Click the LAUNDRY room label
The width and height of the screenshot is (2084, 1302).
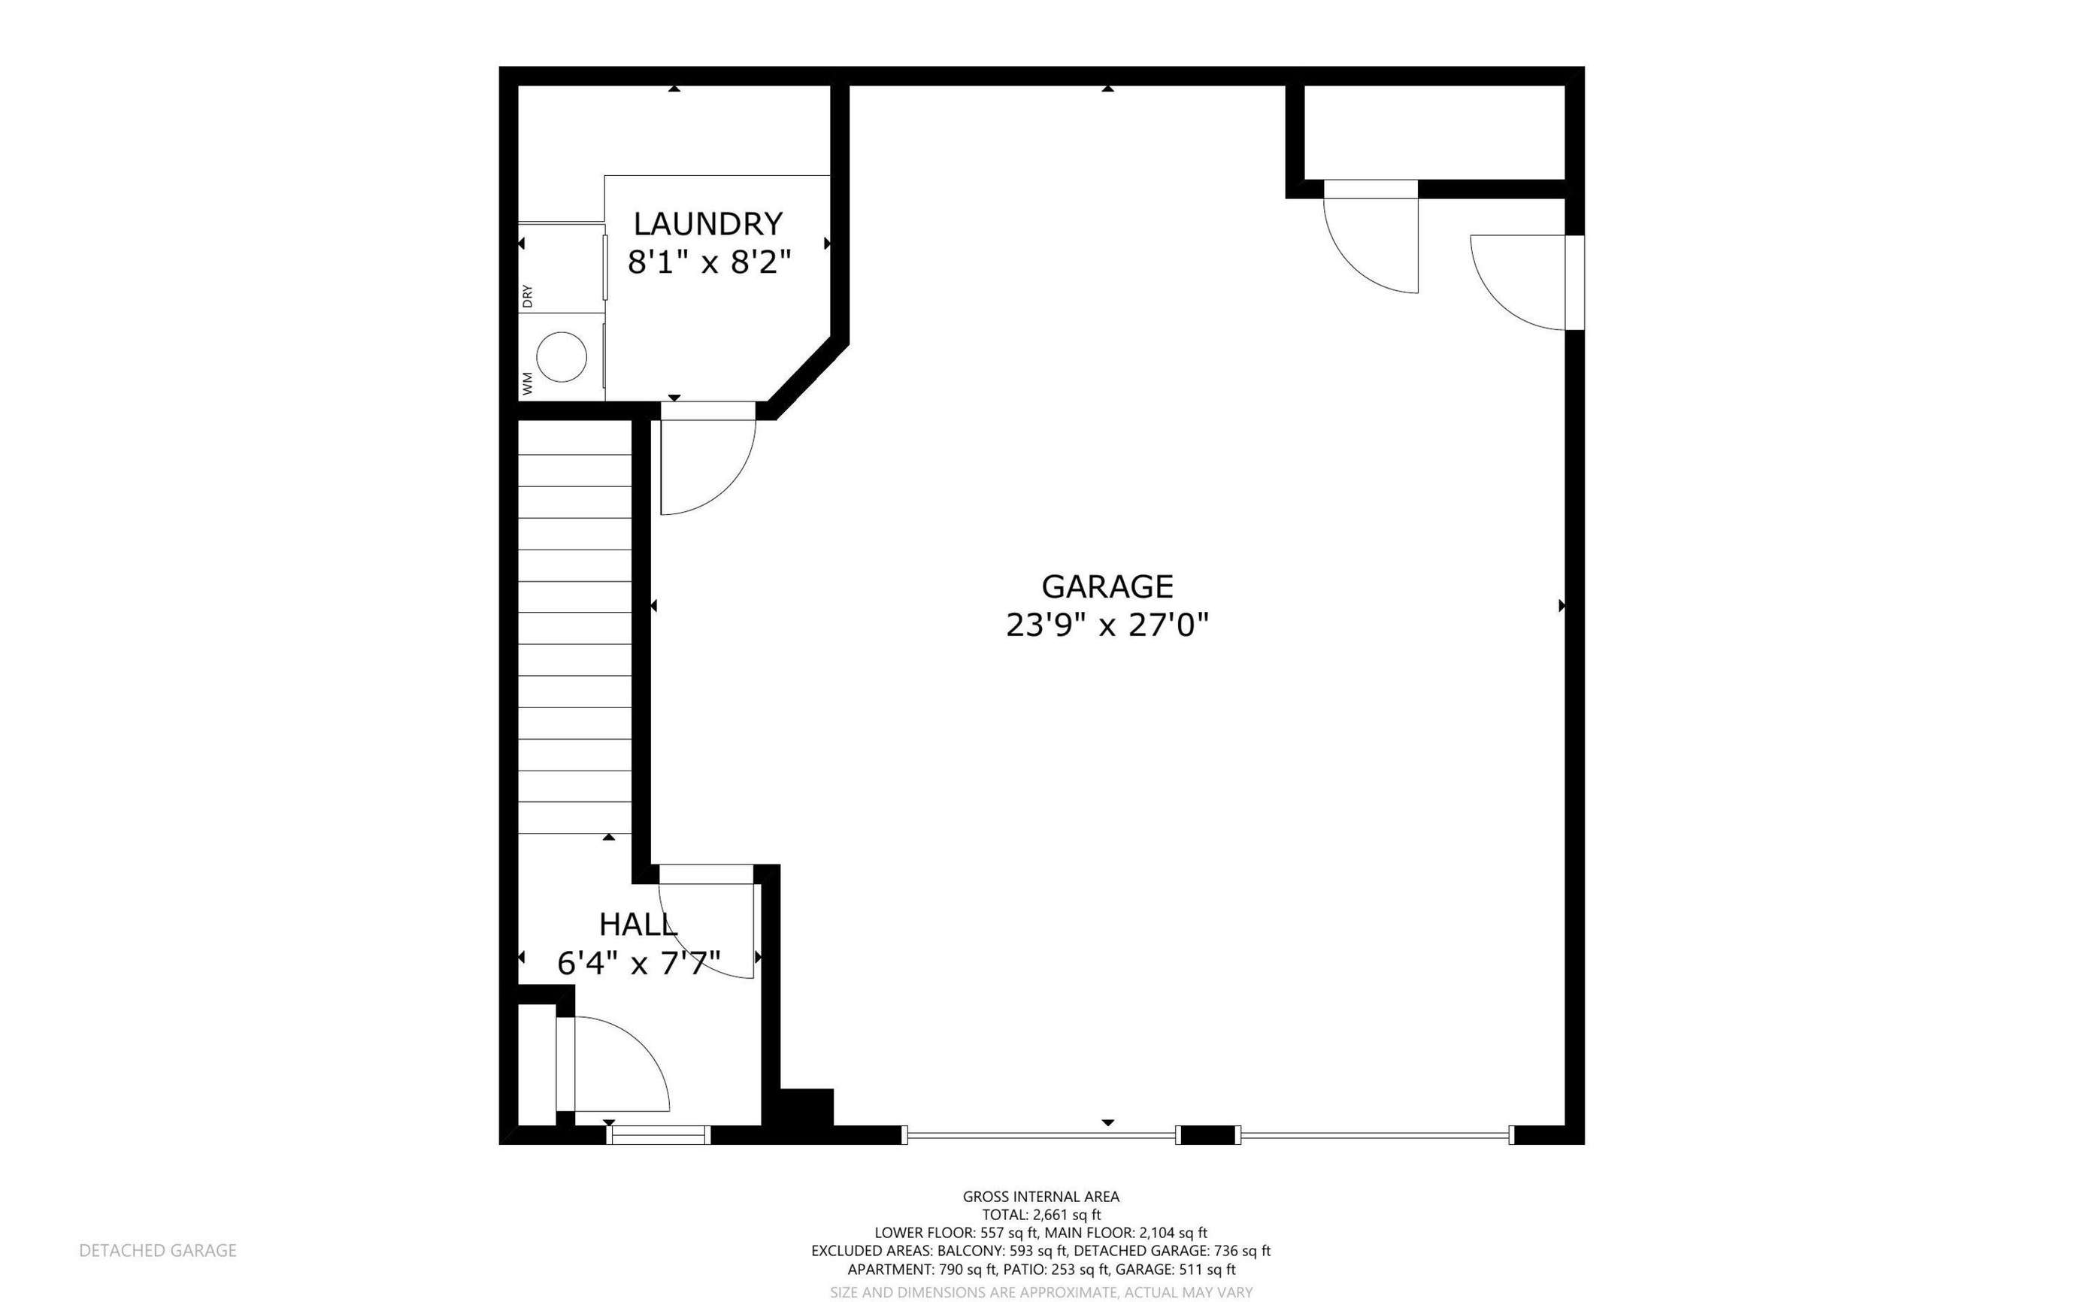(708, 224)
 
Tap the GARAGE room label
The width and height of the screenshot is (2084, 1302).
(1107, 586)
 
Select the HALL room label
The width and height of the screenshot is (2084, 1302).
(638, 925)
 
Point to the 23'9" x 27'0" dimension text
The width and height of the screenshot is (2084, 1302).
(1107, 625)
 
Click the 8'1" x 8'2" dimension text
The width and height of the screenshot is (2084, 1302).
(709, 262)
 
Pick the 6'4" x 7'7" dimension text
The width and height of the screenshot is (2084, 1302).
(638, 963)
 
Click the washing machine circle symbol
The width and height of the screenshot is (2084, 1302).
(562, 356)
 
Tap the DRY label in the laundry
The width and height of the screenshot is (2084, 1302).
(527, 296)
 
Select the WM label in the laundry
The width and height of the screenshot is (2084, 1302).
(527, 383)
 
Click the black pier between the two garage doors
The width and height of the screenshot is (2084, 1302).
(1208, 1136)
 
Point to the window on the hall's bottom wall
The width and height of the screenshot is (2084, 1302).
(659, 1136)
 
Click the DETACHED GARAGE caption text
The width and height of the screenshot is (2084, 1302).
(158, 1250)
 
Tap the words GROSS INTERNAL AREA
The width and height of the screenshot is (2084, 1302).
(1041, 1196)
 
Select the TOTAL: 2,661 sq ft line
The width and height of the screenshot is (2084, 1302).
(1041, 1215)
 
